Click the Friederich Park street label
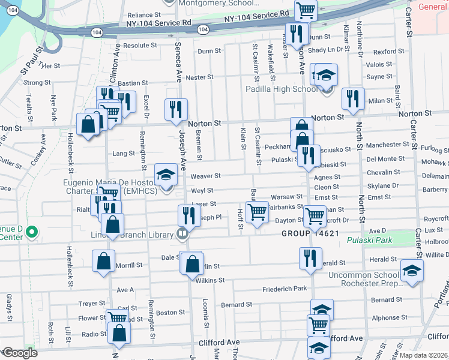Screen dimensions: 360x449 [x=285, y=289]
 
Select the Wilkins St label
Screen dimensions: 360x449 [x=209, y=280]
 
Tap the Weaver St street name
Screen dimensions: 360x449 [x=205, y=176]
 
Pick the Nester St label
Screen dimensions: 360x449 [x=199, y=77]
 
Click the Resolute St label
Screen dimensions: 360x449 [x=140, y=45]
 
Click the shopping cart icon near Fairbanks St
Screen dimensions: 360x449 [x=257, y=212]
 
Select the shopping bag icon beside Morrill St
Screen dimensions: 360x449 [x=103, y=261]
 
